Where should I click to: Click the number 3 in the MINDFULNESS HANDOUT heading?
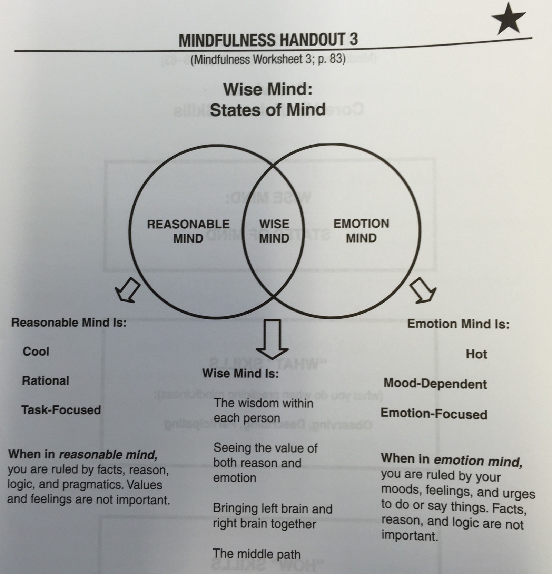pyautogui.click(x=353, y=40)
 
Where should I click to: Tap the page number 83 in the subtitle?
pyautogui.click(x=335, y=59)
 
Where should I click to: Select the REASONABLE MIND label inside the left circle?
pyautogui.click(x=188, y=231)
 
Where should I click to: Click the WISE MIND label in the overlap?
pyautogui.click(x=274, y=231)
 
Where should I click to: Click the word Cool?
pyautogui.click(x=36, y=352)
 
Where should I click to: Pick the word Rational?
pyautogui.click(x=46, y=381)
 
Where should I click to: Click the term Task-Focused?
pyautogui.click(x=61, y=410)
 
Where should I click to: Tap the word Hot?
pyautogui.click(x=476, y=354)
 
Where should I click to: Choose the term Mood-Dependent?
pyautogui.click(x=435, y=384)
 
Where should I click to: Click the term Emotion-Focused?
pyautogui.click(x=434, y=414)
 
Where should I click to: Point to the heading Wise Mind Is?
pyautogui.click(x=240, y=373)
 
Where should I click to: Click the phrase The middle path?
pyautogui.click(x=257, y=554)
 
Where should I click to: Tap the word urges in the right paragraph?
pyautogui.click(x=519, y=494)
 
